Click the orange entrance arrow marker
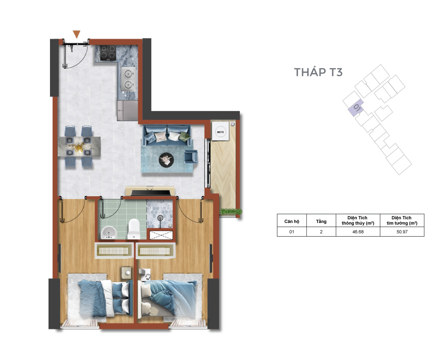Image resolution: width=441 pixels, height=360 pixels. pos(76,34)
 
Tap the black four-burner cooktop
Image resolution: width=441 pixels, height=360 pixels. pos(108,53)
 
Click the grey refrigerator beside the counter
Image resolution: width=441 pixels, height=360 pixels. pos(128,110)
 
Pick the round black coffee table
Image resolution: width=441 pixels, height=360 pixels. pos(166,160)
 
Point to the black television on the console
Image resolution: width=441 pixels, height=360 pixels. pos(151,192)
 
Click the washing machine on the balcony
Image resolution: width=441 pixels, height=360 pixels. pos(220,132)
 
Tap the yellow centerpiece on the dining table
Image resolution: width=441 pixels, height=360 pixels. pos(78,146)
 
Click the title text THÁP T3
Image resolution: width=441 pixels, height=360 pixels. pos(318,72)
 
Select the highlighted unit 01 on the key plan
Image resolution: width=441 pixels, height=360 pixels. pos(356,108)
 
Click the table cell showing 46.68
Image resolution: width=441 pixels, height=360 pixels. pos(358,232)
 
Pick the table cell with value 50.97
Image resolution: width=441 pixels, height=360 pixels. pos(402,232)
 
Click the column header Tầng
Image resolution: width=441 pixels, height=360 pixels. pos(321,221)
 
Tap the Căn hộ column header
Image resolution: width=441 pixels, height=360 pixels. pos(292,221)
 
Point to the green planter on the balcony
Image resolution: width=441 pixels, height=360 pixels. pos(231,212)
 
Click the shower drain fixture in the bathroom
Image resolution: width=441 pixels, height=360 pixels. pos(160,218)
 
